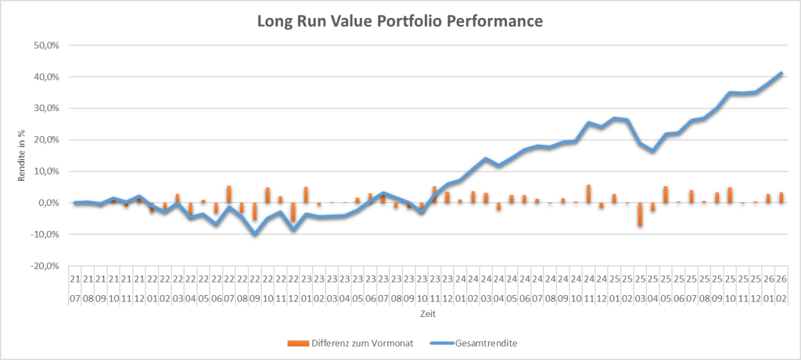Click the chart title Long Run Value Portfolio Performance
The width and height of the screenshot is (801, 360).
click(x=400, y=21)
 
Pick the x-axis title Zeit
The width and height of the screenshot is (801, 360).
click(x=427, y=313)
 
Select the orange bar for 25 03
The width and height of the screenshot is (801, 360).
click(x=640, y=214)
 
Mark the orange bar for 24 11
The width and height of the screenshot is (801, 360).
click(x=588, y=193)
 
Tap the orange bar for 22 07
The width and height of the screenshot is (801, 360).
click(x=229, y=194)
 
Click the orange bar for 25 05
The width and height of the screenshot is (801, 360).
click(x=666, y=194)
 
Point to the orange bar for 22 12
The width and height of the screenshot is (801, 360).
click(x=293, y=212)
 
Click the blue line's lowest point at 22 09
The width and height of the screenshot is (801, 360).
click(x=255, y=234)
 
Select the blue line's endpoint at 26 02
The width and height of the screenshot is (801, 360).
click(x=781, y=73)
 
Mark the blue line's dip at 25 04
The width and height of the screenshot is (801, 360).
click(x=652, y=151)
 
